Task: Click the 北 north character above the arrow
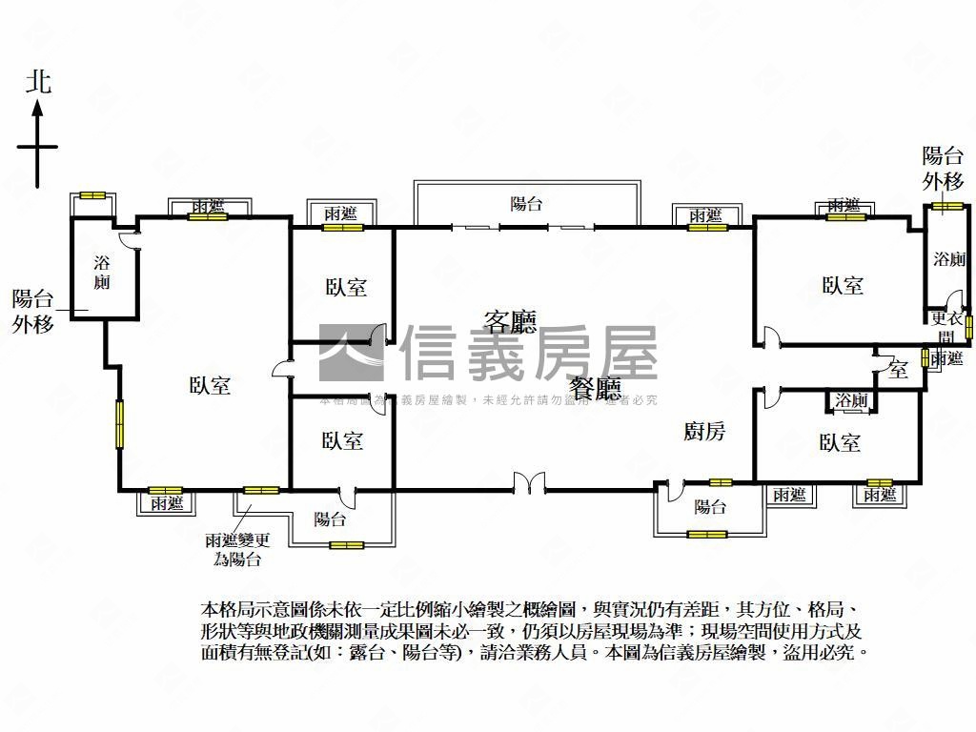(x=38, y=82)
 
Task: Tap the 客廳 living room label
(x=510, y=321)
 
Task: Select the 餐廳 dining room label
(x=597, y=388)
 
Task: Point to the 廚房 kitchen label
(x=704, y=432)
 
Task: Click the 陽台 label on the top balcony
(x=526, y=203)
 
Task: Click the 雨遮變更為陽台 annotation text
(x=237, y=549)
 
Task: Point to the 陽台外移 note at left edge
(x=33, y=311)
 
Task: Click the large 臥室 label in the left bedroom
(x=210, y=385)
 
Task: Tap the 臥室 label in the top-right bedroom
(x=843, y=285)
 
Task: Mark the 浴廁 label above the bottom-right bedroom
(x=851, y=401)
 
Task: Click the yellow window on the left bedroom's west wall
(x=120, y=423)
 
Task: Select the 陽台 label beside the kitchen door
(x=710, y=507)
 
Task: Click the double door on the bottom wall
(x=528, y=483)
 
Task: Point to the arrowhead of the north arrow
(x=38, y=108)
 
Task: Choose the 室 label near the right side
(x=898, y=370)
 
